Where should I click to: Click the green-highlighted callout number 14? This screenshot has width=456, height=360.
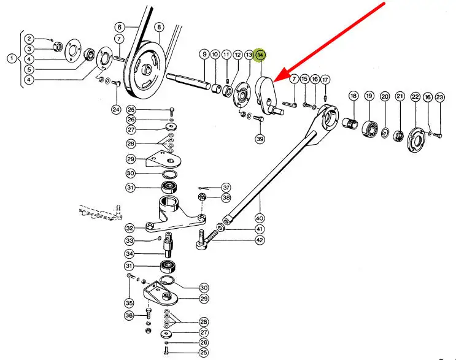261,55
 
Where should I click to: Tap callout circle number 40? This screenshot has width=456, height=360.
259,218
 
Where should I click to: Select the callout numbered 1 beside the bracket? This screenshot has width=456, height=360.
11,59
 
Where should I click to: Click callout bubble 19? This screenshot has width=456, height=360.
369,96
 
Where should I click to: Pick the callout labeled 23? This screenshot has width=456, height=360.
439,97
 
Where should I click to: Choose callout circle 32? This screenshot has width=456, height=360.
130,228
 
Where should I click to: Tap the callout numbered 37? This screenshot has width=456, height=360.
226,187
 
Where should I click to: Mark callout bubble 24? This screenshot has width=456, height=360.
116,110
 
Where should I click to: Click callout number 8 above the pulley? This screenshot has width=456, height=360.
159,27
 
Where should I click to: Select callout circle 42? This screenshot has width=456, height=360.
260,240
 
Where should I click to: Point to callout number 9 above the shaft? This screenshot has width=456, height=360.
204,55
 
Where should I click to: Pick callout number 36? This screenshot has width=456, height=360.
130,315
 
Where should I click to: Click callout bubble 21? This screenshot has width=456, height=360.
400,96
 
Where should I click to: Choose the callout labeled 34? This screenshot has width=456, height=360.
130,253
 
